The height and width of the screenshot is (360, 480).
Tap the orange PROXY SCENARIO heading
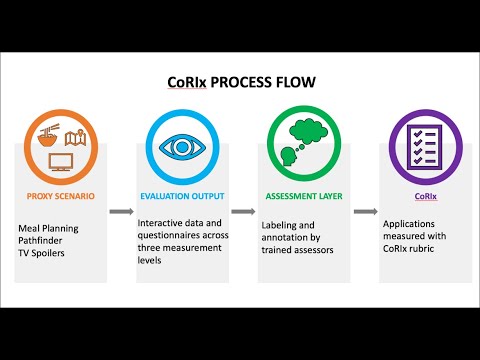(60, 196)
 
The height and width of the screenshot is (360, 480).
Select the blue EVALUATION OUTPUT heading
(181, 196)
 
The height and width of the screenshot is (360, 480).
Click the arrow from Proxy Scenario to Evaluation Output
(121, 212)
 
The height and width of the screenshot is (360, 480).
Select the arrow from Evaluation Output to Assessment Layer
(243, 212)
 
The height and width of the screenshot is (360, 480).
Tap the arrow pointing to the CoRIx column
(364, 212)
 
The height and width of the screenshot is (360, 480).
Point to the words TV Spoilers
(43, 253)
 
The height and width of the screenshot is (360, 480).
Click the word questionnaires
(168, 237)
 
